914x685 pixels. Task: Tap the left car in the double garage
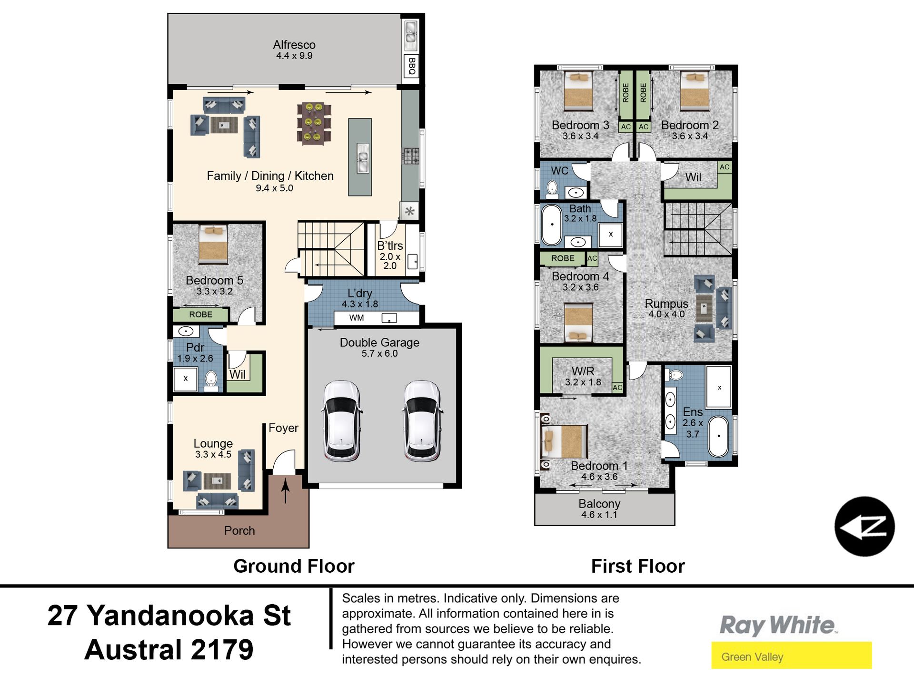(341, 421)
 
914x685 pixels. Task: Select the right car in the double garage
(422, 421)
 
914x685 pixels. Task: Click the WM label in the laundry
(357, 318)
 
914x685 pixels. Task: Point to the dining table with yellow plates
(314, 123)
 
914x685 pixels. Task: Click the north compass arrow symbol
(864, 527)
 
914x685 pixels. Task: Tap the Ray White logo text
(777, 625)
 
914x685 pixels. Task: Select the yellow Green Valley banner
(791, 656)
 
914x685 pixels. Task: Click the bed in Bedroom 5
(213, 245)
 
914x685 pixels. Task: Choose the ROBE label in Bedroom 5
(200, 314)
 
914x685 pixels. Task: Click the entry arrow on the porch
(286, 491)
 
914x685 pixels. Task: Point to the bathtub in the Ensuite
(719, 437)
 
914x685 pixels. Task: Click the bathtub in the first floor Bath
(552, 225)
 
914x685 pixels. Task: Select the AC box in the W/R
(617, 388)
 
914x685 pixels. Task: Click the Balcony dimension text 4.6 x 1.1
(599, 515)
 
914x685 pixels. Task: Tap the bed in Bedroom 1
(565, 441)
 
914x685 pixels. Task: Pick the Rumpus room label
(666, 303)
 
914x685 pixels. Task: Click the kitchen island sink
(363, 158)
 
